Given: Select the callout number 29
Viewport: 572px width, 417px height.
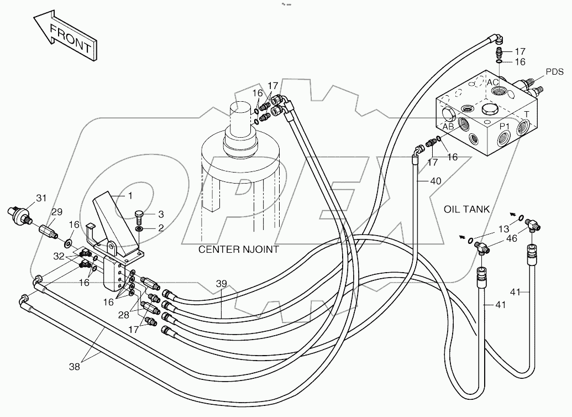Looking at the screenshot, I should pyautogui.click(x=57, y=212).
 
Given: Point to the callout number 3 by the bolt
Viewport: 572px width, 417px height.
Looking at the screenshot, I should pyautogui.click(x=160, y=214).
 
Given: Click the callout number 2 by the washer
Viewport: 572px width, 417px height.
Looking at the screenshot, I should pyautogui.click(x=160, y=227).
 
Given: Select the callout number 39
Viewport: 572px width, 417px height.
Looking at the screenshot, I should pyautogui.click(x=221, y=284).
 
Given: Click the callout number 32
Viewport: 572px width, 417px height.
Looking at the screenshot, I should pyautogui.click(x=59, y=257).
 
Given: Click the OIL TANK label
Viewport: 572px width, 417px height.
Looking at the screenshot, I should pyautogui.click(x=467, y=208).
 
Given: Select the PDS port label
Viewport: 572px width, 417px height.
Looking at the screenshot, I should pyautogui.click(x=554, y=72).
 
